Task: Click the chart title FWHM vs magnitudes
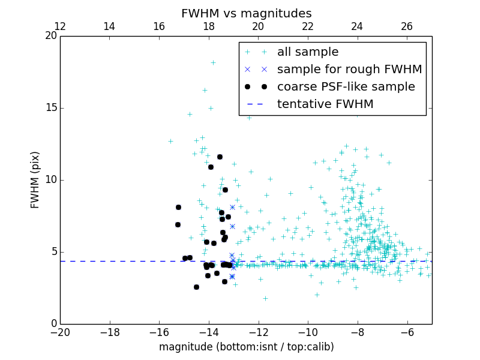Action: (246, 13)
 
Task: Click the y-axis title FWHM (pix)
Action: (35, 180)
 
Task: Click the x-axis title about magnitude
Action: (246, 347)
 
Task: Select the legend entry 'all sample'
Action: (308, 52)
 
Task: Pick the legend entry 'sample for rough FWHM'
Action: (349, 70)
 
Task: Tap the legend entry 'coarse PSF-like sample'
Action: (346, 87)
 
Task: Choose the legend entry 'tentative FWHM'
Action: (325, 104)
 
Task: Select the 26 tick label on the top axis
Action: (407, 26)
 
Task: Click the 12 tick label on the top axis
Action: (60, 26)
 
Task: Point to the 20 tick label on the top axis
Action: (258, 26)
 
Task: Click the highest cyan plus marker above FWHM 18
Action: (213, 62)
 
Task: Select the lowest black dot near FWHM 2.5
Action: (196, 287)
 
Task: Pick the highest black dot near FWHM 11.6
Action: (220, 157)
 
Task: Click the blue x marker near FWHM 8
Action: (232, 207)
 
